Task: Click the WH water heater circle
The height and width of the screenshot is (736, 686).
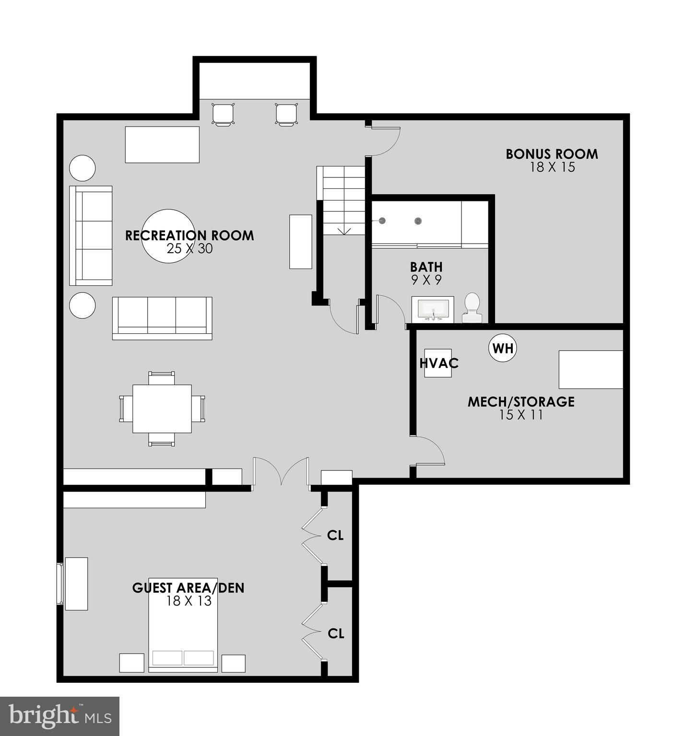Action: click(x=503, y=348)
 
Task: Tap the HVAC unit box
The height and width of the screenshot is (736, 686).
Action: click(x=438, y=363)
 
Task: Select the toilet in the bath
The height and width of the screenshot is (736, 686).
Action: click(x=472, y=308)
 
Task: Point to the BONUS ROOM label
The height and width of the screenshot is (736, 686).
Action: click(x=552, y=154)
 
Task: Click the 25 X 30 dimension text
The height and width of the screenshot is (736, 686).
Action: click(x=189, y=248)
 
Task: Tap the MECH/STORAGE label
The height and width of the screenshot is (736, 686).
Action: click(x=521, y=401)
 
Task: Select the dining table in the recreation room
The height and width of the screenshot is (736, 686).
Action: click(x=162, y=409)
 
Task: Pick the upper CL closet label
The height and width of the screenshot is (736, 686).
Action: click(x=335, y=535)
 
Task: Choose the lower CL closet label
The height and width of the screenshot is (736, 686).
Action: click(x=336, y=633)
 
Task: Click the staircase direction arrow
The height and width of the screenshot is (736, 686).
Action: click(x=344, y=231)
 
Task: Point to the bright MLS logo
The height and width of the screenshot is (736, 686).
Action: click(x=59, y=716)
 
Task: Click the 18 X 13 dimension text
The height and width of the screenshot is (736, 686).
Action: click(x=189, y=601)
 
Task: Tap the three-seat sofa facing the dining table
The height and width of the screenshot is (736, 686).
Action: click(x=162, y=318)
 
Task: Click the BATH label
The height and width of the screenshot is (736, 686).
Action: click(x=426, y=267)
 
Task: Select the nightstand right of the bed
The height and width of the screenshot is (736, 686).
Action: click(x=233, y=663)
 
